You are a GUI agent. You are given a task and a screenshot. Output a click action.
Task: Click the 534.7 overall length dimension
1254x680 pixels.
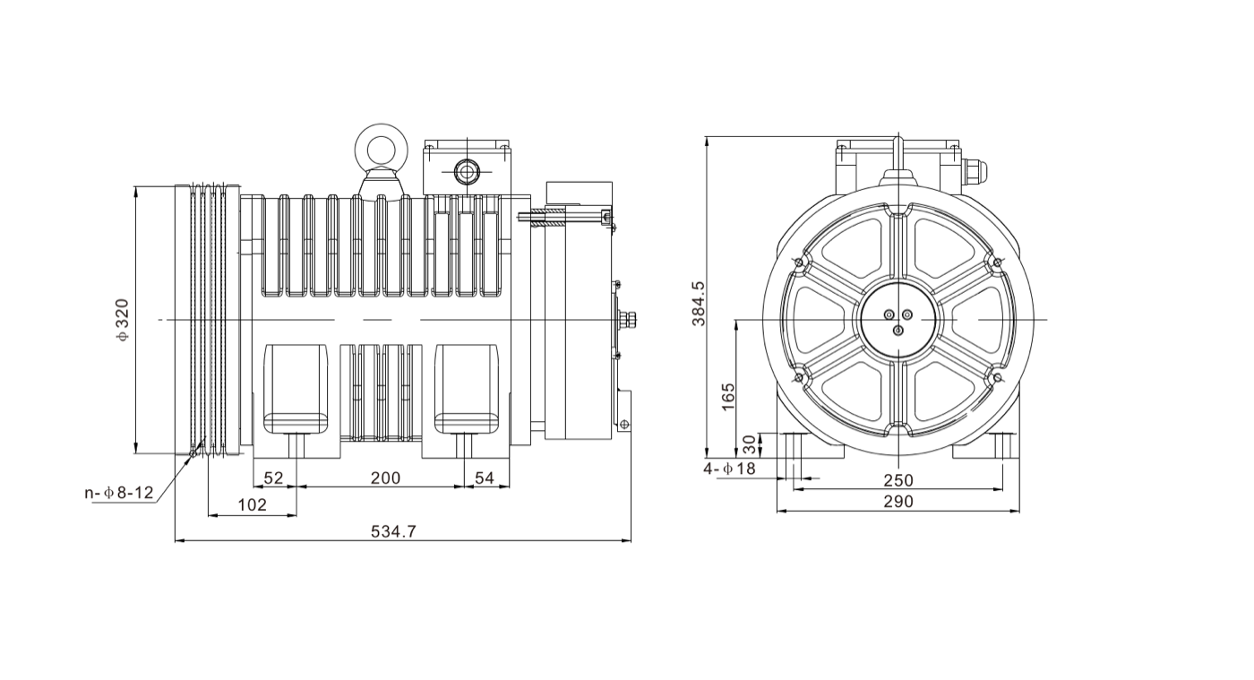[393, 531]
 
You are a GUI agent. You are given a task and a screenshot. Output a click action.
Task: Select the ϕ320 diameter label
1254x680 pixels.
[122, 320]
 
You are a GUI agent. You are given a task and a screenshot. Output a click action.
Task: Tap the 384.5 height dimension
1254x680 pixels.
[699, 303]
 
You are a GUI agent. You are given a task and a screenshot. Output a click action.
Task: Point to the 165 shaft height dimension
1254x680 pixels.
[727, 396]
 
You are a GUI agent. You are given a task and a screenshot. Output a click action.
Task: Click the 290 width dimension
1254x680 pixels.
[898, 502]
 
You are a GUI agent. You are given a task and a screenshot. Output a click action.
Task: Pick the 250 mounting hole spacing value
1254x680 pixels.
[898, 480]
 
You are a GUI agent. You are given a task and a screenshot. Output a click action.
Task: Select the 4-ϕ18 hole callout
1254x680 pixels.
[729, 469]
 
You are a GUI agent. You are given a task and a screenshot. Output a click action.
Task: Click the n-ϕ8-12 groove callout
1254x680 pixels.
[119, 493]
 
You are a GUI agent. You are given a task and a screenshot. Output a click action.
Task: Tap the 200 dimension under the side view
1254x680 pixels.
[385, 478]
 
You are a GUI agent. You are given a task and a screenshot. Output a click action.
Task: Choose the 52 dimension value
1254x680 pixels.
[274, 478]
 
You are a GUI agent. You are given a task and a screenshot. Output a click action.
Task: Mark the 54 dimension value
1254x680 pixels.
[485, 478]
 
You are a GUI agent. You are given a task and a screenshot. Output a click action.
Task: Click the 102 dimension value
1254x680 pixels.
[252, 505]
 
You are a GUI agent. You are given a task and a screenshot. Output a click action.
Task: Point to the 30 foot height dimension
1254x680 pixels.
[749, 444]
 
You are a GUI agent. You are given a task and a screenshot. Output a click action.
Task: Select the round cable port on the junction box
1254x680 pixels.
[467, 170]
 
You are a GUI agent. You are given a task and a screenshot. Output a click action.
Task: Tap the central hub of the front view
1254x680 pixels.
[898, 320]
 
